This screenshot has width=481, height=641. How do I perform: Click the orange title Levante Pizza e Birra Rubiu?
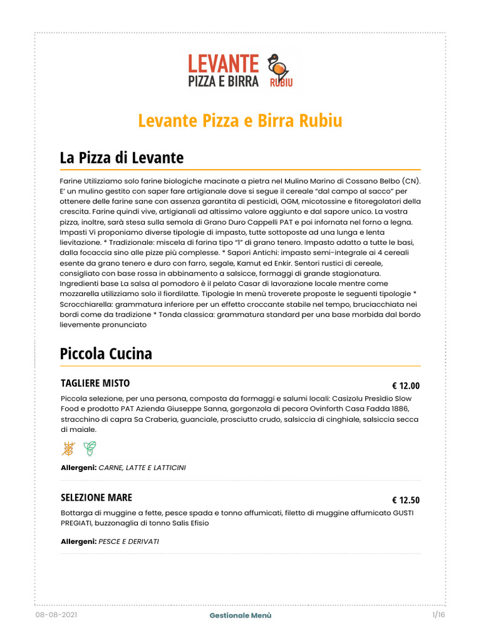point(240,120)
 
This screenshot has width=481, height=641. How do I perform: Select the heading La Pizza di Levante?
point(122,156)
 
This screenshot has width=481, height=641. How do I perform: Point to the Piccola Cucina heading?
point(106,353)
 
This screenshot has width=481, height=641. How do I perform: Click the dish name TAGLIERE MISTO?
point(95,382)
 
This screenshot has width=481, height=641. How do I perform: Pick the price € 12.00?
point(406,386)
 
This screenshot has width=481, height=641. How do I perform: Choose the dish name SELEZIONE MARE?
point(96,497)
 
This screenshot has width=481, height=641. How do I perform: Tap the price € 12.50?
point(406,500)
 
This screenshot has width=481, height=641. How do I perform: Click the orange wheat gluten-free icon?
point(68,448)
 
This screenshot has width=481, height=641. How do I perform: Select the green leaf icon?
point(90,448)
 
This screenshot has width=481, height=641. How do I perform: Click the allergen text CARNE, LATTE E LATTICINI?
point(142,468)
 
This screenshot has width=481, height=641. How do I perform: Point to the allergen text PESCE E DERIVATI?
point(129,541)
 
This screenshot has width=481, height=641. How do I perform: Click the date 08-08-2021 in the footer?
point(57,616)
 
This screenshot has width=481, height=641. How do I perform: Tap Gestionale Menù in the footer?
point(240,616)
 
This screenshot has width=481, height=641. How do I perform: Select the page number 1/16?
point(438,616)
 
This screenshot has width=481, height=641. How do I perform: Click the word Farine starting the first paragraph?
point(73,180)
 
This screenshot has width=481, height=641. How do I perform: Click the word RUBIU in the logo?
point(281,82)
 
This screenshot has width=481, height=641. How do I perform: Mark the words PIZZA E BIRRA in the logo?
point(223,81)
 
